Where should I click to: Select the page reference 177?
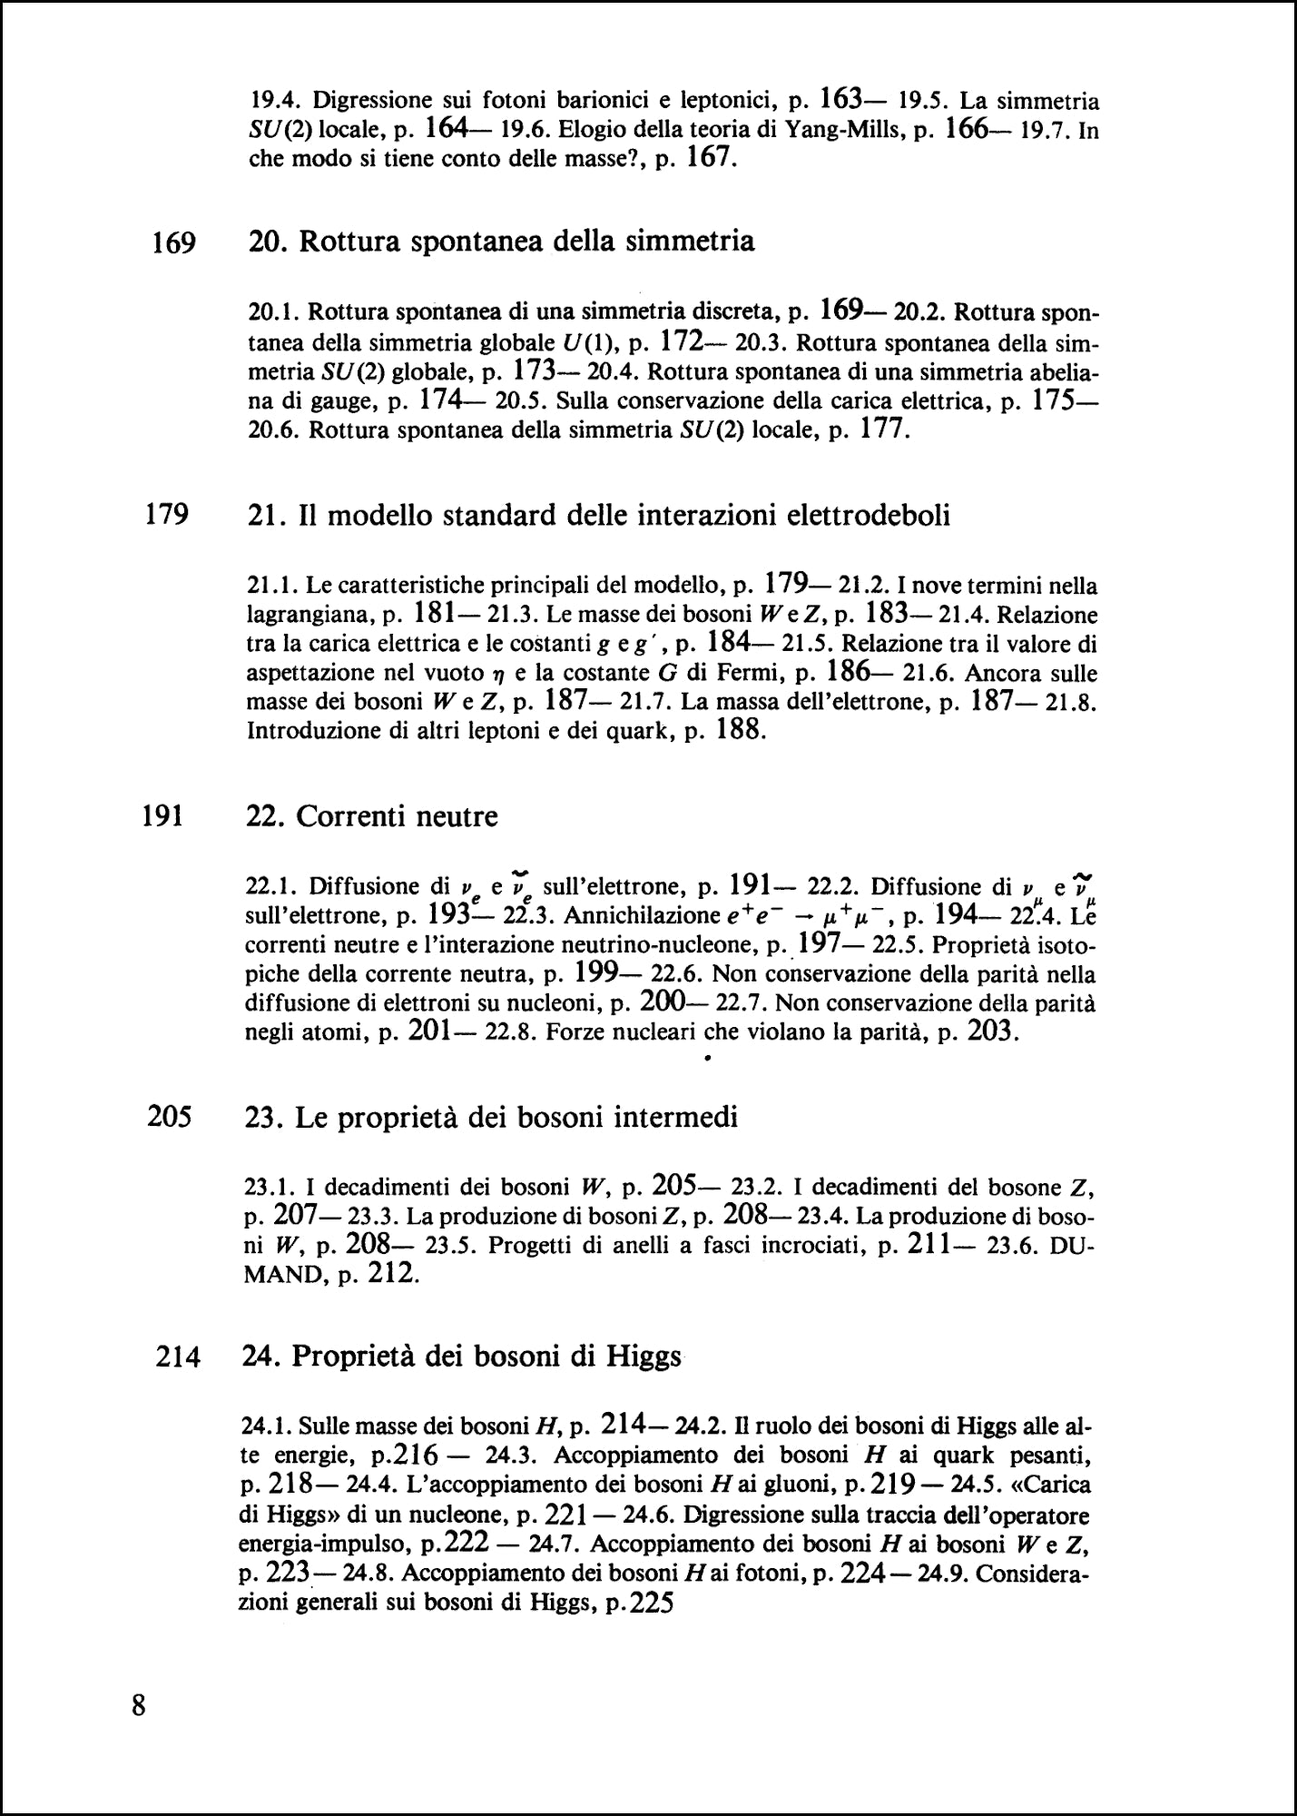click(883, 428)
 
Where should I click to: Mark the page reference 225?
click(650, 1604)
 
